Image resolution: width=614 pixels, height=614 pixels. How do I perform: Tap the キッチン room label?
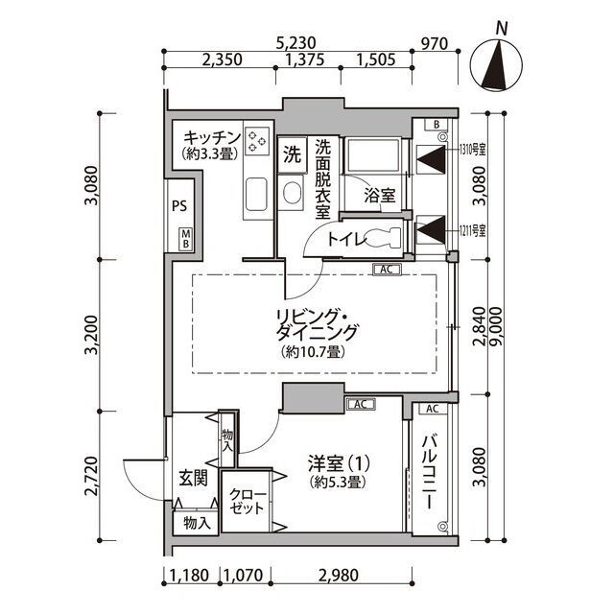pyautogui.click(x=212, y=138)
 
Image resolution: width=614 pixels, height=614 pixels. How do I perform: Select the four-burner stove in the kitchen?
pyautogui.click(x=257, y=141)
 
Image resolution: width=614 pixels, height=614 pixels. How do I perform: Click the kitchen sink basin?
pyautogui.click(x=256, y=194)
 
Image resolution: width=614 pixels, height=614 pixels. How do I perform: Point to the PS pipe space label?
pyautogui.click(x=179, y=206)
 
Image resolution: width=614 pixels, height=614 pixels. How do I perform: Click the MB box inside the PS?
pyautogui.click(x=186, y=239)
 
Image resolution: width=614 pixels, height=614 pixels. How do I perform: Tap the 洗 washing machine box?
pyautogui.click(x=292, y=154)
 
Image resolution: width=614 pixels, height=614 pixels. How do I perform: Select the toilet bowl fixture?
pyautogui.click(x=384, y=238)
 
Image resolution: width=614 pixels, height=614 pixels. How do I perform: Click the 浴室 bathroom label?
pyautogui.click(x=380, y=196)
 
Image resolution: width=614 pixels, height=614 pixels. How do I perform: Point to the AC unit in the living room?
pyautogui.click(x=387, y=270)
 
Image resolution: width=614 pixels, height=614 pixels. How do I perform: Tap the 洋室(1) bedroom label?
pyautogui.click(x=339, y=464)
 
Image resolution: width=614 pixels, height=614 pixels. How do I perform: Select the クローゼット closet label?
pyautogui.click(x=247, y=502)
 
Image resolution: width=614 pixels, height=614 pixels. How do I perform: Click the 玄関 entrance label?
pyautogui.click(x=193, y=479)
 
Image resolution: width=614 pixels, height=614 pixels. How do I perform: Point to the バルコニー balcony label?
pyautogui.click(x=429, y=472)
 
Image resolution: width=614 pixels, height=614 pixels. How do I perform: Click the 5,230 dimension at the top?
pyautogui.click(x=295, y=42)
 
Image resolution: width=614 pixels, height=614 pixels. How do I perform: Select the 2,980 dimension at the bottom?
pyautogui.click(x=339, y=576)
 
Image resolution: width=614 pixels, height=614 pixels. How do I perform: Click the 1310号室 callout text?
pyautogui.click(x=473, y=150)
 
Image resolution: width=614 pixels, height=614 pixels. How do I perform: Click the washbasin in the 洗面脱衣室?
pyautogui.click(x=292, y=193)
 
